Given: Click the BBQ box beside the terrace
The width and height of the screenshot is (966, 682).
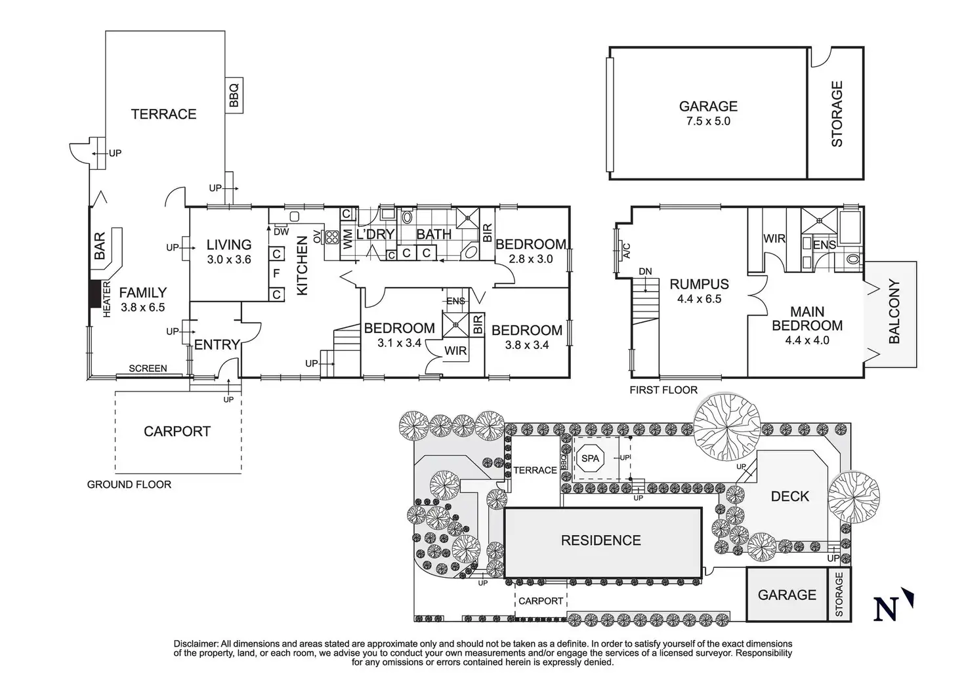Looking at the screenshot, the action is [x=234, y=95].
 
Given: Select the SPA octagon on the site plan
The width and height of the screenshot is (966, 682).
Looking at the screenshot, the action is [x=590, y=458].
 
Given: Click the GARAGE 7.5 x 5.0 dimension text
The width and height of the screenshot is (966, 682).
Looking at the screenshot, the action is [x=708, y=121].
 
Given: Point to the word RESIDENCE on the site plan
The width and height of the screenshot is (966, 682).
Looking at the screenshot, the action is [x=600, y=540].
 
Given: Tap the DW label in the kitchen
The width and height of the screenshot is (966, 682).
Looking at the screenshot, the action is [x=281, y=231].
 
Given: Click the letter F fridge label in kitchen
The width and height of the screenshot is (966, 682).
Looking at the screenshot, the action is [x=276, y=273].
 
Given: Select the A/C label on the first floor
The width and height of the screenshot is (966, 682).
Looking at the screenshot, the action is [x=627, y=251].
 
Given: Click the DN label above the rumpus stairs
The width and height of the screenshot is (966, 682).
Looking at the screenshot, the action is [x=645, y=271].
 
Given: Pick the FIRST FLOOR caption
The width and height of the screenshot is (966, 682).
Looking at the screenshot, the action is [x=663, y=390].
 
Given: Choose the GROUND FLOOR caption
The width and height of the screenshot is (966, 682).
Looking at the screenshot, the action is [x=129, y=484].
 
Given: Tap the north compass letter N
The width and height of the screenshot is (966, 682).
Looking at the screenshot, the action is [x=885, y=609].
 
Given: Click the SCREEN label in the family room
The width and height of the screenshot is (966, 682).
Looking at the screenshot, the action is [x=148, y=369].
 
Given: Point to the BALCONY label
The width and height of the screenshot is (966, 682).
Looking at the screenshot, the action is [x=894, y=311].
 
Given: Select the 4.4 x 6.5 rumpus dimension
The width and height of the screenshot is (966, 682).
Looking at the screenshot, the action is [x=699, y=299].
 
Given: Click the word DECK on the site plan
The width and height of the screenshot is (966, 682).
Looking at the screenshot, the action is [x=789, y=496].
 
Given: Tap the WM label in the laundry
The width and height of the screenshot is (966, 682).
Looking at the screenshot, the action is [x=348, y=239].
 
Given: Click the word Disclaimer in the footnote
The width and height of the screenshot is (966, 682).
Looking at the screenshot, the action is [x=196, y=644].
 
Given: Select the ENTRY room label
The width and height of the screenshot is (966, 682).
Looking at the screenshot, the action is [x=217, y=345].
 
